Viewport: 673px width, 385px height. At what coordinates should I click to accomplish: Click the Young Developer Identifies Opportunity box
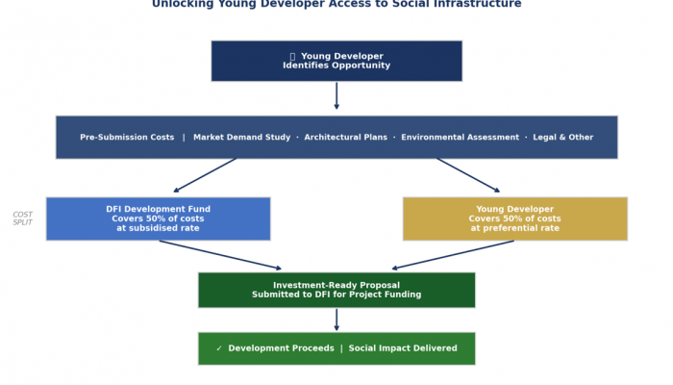pyautogui.click(x=336, y=61)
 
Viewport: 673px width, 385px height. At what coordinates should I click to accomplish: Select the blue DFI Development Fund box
pyautogui.click(x=159, y=218)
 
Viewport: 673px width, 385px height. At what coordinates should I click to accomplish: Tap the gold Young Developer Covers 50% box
pyautogui.click(x=515, y=218)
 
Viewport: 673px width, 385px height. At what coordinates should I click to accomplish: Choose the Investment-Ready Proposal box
pyautogui.click(x=336, y=290)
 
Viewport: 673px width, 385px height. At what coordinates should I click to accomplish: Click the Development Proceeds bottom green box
pyautogui.click(x=336, y=348)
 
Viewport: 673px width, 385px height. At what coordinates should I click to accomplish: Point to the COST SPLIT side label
pyautogui.click(x=22, y=218)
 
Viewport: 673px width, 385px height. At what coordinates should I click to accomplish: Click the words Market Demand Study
pyautogui.click(x=241, y=138)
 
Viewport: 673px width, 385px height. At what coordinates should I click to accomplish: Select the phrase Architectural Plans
pyautogui.click(x=345, y=138)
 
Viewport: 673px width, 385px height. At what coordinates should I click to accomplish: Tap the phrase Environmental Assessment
pyautogui.click(x=461, y=138)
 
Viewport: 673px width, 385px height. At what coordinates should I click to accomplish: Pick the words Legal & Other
pyautogui.click(x=563, y=138)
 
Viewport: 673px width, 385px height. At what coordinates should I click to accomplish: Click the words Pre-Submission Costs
pyautogui.click(x=127, y=138)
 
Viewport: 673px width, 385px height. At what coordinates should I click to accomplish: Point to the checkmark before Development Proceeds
pyautogui.click(x=219, y=348)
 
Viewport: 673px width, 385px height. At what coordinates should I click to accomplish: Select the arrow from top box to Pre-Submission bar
pyautogui.click(x=336, y=95)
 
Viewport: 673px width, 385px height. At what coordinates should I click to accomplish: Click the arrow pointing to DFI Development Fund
pyautogui.click(x=205, y=175)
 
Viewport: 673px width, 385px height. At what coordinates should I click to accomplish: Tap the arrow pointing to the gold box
pyautogui.click(x=468, y=175)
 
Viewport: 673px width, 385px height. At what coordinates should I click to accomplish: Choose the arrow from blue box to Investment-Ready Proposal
pyautogui.click(x=220, y=255)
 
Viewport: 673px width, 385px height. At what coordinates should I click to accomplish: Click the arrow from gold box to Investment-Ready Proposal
pyautogui.click(x=453, y=255)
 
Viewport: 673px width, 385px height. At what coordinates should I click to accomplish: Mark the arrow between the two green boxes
pyautogui.click(x=336, y=320)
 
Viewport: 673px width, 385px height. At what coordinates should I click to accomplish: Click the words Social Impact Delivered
pyautogui.click(x=403, y=348)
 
